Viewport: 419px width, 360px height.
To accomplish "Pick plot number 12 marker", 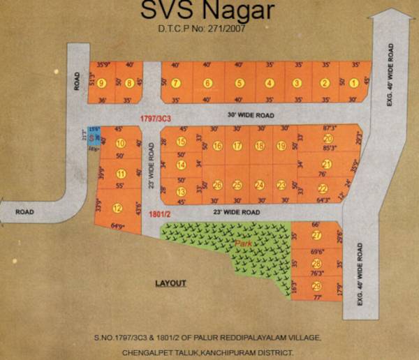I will (x=117, y=207).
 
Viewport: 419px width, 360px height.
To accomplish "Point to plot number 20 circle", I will (x=328, y=139).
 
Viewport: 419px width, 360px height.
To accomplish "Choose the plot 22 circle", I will (x=323, y=188).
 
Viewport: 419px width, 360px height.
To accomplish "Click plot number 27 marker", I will (x=316, y=235).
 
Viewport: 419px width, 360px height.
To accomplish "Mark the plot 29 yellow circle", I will (x=316, y=286).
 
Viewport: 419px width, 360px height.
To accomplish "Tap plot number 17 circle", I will (x=237, y=146).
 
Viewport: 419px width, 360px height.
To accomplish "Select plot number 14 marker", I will (x=181, y=165).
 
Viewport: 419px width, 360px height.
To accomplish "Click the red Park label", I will (x=244, y=244).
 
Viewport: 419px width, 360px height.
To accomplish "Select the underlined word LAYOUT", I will (x=170, y=283).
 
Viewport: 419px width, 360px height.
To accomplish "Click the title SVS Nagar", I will (x=208, y=12).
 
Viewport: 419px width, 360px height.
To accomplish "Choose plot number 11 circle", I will (x=121, y=174).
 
